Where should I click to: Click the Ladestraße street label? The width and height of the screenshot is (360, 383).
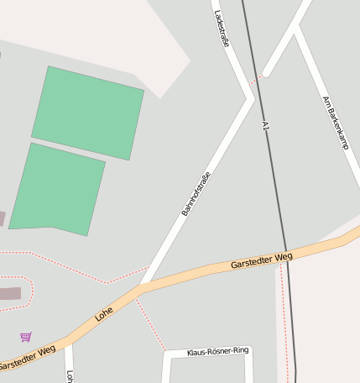tap(222, 29)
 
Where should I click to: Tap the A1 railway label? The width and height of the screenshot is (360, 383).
tap(265, 127)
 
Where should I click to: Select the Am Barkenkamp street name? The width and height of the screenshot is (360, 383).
tap(335, 122)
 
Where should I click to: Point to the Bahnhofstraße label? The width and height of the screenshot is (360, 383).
tap(196, 194)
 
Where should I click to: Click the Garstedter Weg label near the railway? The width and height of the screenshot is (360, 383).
tap(261, 261)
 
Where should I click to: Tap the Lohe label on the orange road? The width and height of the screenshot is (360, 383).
tap(104, 314)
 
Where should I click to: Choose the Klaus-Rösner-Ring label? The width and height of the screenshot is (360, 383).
tap(218, 351)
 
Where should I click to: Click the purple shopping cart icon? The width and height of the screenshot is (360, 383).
tap(26, 337)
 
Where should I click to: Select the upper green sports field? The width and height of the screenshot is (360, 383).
tap(88, 112)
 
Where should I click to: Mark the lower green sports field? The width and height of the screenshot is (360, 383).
tap(57, 188)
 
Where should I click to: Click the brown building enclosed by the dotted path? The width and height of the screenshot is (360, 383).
tap(10, 293)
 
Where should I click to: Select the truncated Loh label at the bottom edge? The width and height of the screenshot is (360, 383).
tap(70, 377)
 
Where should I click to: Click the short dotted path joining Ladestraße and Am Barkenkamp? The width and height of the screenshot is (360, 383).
tap(257, 80)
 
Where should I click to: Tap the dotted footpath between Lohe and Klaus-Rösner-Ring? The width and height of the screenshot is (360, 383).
tap(151, 323)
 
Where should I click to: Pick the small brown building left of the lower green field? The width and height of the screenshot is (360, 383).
tap(2, 218)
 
